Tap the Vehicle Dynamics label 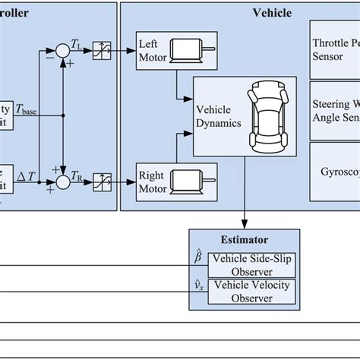click(219, 115)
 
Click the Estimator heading click(237, 238)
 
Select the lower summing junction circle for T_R click(63, 181)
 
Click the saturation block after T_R click(101, 181)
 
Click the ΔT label click(25, 175)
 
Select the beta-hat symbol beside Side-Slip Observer click(198, 259)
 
